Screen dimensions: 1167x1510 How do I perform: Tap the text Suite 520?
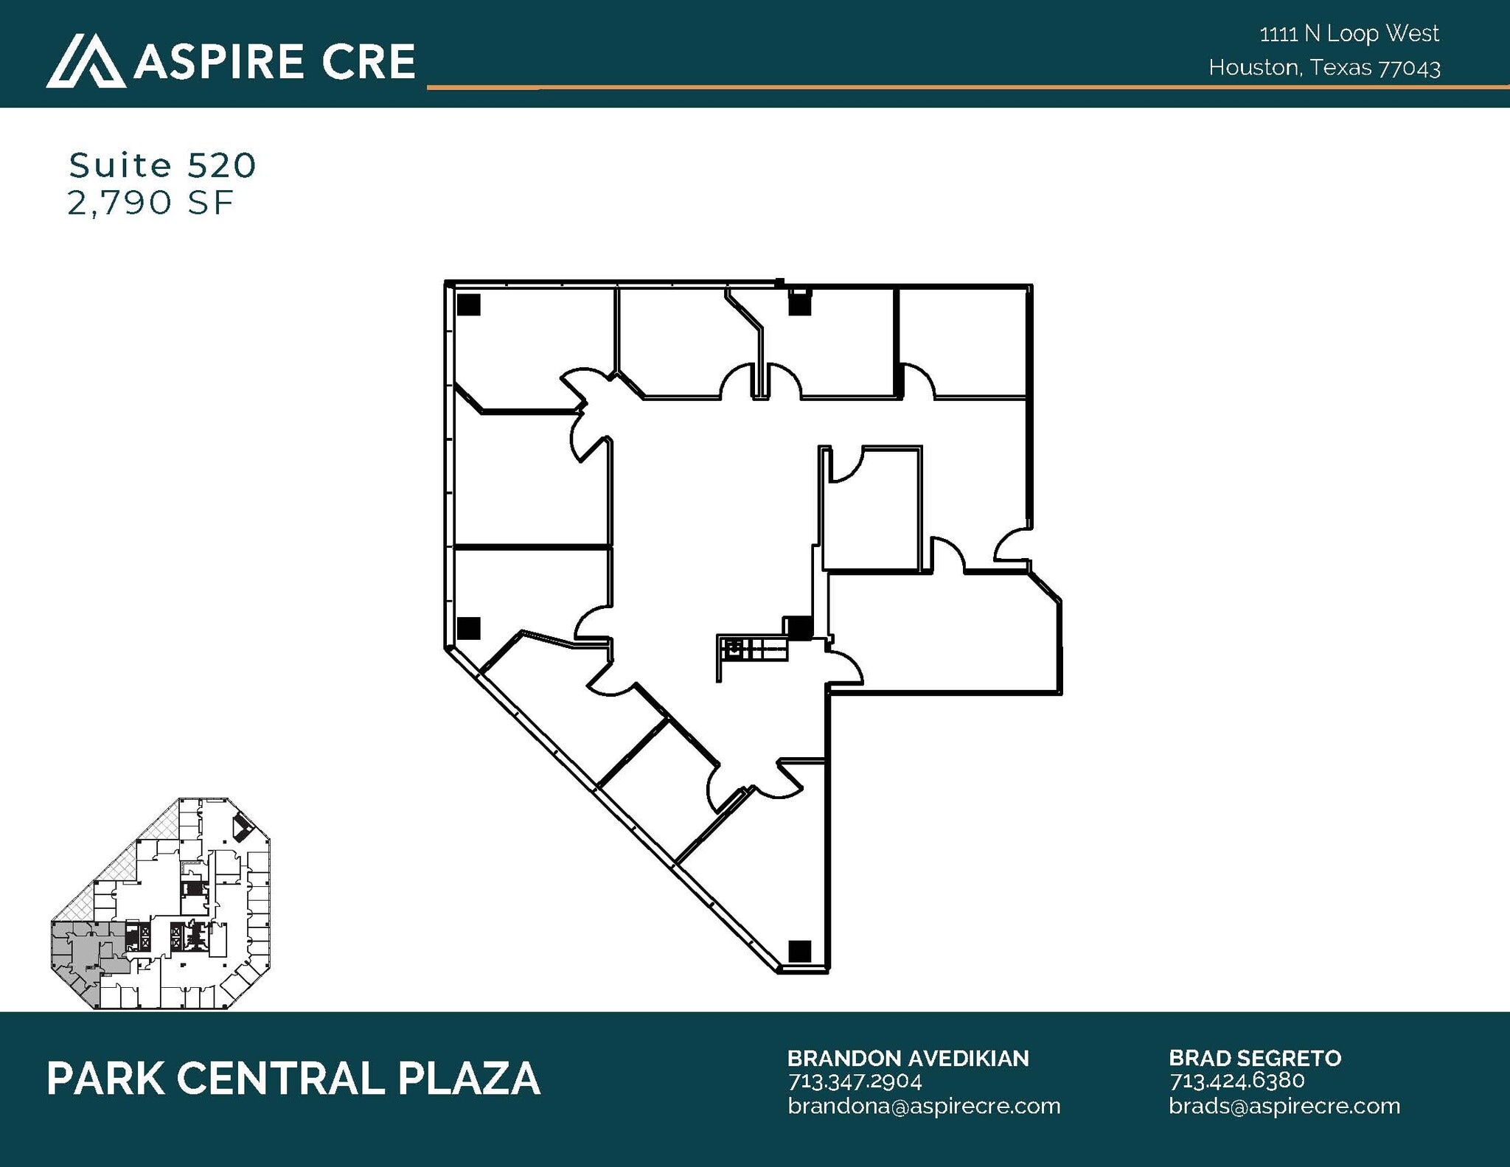coord(162,165)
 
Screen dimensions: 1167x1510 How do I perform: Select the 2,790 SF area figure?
coord(150,203)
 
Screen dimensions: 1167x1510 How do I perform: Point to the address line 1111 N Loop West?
coord(1349,34)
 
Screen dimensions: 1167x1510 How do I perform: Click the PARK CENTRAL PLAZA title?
coord(293,1079)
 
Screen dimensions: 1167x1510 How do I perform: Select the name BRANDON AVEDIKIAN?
coord(908,1059)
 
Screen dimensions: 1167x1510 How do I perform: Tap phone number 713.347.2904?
coord(855,1081)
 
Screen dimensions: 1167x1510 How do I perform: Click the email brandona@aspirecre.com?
coord(923,1106)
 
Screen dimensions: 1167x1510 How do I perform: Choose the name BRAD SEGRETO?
coord(1255,1059)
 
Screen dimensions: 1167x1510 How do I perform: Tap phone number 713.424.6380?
coord(1236,1081)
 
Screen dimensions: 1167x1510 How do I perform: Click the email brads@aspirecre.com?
coord(1284,1106)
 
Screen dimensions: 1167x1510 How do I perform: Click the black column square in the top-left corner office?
coord(468,304)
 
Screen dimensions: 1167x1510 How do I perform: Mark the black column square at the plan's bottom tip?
coord(799,951)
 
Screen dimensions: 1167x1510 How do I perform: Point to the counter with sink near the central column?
coord(752,649)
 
